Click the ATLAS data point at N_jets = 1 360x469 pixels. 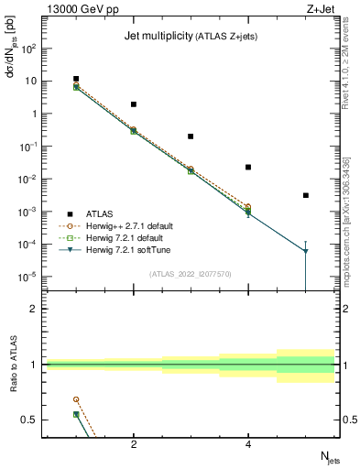tap(76, 80)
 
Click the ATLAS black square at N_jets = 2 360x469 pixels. tap(134, 104)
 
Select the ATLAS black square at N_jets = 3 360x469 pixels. tap(191, 136)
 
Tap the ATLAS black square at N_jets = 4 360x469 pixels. tap(248, 167)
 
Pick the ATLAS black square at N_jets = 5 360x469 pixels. tap(306, 195)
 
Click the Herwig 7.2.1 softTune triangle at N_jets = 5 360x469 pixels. tap(306, 251)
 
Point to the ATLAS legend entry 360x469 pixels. tap(100, 213)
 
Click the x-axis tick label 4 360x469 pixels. tap(248, 444)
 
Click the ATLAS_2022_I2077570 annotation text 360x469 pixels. tap(191, 274)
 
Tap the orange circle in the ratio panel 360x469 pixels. tap(76, 399)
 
